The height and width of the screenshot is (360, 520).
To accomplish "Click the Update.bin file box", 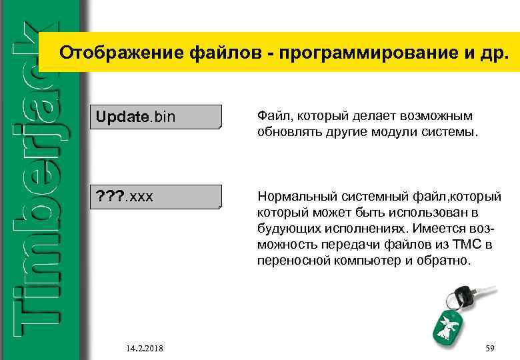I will click(157, 117).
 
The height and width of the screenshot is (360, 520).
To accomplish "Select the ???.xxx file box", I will click(157, 197).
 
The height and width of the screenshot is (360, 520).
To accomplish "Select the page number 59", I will click(491, 348).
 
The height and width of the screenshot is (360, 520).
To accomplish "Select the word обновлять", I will click(287, 132).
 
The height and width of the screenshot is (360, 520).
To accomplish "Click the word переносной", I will click(292, 261).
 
